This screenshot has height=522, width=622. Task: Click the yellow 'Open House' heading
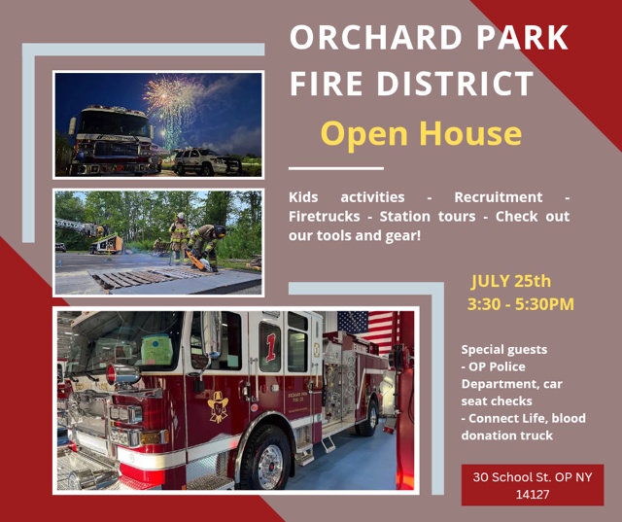point(421,134)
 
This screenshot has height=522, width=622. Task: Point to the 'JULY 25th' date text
point(511,281)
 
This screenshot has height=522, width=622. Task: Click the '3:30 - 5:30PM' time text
point(521,304)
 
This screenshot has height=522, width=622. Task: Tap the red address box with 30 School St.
point(533,485)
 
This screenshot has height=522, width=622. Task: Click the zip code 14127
point(533,494)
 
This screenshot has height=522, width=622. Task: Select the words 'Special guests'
point(503,349)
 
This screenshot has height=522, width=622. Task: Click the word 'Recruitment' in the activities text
point(499,197)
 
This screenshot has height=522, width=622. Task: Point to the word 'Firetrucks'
point(324,217)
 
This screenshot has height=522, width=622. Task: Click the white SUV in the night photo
point(207,161)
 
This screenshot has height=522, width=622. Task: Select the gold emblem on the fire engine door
point(218,406)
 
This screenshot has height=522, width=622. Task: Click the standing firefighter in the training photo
point(179,237)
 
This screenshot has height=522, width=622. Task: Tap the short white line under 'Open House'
point(336,168)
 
